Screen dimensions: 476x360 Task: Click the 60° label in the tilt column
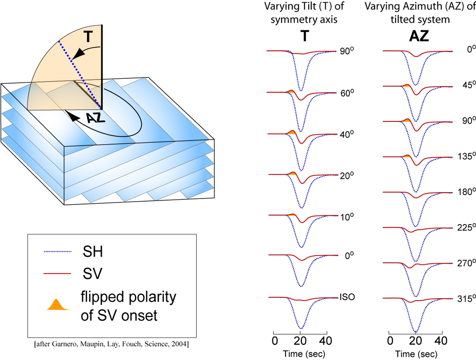pos(347,93)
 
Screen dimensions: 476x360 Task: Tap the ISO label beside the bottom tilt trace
pos(347,297)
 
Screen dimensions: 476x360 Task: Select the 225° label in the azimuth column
pos(467,227)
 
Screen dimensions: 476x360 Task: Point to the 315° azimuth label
pos(467,299)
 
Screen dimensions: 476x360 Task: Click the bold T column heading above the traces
pos(305,36)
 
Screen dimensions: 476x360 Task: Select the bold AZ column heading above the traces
pos(419,36)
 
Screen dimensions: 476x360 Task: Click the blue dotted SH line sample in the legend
pos(58,252)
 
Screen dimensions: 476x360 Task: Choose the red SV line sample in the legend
pos(58,274)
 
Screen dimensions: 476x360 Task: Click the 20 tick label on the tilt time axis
pos(300,341)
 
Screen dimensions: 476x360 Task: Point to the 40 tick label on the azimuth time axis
pos(441,341)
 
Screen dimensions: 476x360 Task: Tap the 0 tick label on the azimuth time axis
pos(391,341)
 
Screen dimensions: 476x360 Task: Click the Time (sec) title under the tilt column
pos(304,354)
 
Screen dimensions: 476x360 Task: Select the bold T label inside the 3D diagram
pos(88,36)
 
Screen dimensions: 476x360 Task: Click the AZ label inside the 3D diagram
pos(96,117)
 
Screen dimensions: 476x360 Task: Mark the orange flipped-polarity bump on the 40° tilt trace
pos(291,133)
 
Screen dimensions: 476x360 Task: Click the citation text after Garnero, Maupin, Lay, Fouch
pos(112,344)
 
